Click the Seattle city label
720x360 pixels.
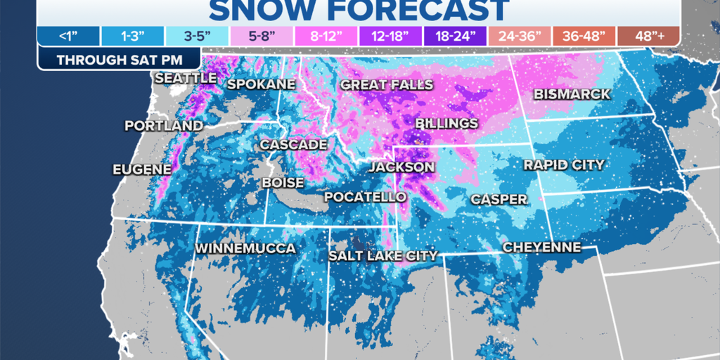186,78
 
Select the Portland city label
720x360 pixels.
164,126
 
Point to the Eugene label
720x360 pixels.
142,169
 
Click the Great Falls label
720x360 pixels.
384,84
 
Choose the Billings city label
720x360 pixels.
446,124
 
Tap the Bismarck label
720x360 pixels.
572,94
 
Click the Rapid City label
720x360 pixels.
564,165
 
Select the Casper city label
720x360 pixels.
499,200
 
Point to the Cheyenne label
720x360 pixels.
541,247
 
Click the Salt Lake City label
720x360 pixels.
383,256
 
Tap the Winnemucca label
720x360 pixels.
245,249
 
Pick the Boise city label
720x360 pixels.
283,183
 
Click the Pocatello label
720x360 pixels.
365,198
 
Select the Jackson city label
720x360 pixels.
402,167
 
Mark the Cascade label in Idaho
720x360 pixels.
293,145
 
